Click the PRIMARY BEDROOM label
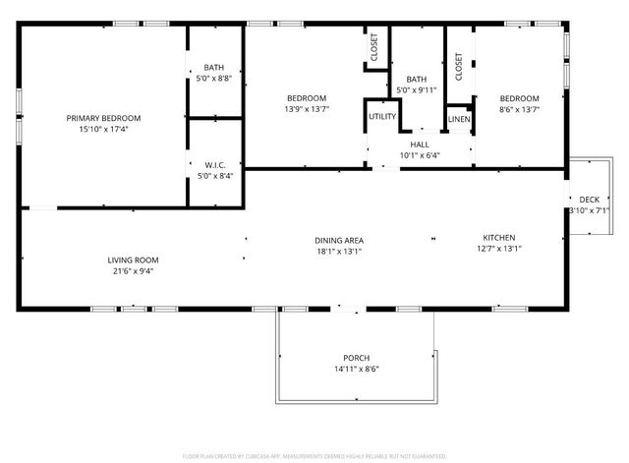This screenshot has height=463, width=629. (103, 118)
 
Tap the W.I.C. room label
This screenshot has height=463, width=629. (215, 165)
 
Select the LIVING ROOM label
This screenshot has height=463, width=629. (133, 260)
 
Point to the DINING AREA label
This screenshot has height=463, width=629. (339, 240)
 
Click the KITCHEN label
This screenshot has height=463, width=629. (498, 238)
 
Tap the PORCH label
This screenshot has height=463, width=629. (356, 357)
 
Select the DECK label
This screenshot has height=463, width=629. (589, 200)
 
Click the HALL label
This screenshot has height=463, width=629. (420, 145)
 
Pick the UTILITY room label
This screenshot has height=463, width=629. (382, 117)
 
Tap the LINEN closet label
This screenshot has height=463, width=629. (459, 119)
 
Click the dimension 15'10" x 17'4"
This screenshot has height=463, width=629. (103, 129)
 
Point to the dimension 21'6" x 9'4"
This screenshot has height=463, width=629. (133, 271)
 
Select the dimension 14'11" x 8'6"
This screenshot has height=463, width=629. (356, 368)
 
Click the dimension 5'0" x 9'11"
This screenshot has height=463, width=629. (417, 90)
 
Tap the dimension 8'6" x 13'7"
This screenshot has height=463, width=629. (519, 109)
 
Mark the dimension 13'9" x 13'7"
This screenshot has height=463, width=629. (307, 109)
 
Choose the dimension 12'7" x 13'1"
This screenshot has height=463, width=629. (498, 249)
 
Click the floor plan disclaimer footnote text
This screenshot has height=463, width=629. (314, 456)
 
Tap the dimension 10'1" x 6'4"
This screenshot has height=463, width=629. (420, 155)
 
